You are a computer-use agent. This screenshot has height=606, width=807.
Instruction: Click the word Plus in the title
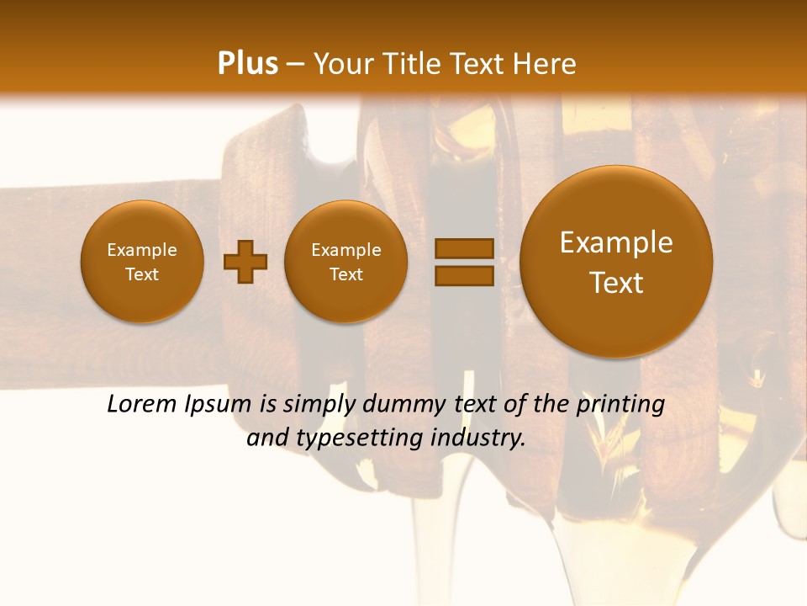247,64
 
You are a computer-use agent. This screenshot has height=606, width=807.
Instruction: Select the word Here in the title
545,64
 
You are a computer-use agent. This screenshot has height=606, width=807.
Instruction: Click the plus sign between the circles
245,262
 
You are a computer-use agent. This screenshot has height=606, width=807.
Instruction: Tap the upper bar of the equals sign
464,248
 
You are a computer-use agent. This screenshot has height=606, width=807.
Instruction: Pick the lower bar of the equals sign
464,276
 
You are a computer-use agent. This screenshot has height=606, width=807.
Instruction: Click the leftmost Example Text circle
142,262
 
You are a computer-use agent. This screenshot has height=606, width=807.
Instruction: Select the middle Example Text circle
346,262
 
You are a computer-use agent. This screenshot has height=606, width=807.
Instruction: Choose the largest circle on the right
616,262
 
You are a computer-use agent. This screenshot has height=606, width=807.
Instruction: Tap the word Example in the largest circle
616,243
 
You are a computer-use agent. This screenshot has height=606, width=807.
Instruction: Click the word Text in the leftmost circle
142,274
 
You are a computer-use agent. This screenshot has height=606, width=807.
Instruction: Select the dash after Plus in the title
295,65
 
